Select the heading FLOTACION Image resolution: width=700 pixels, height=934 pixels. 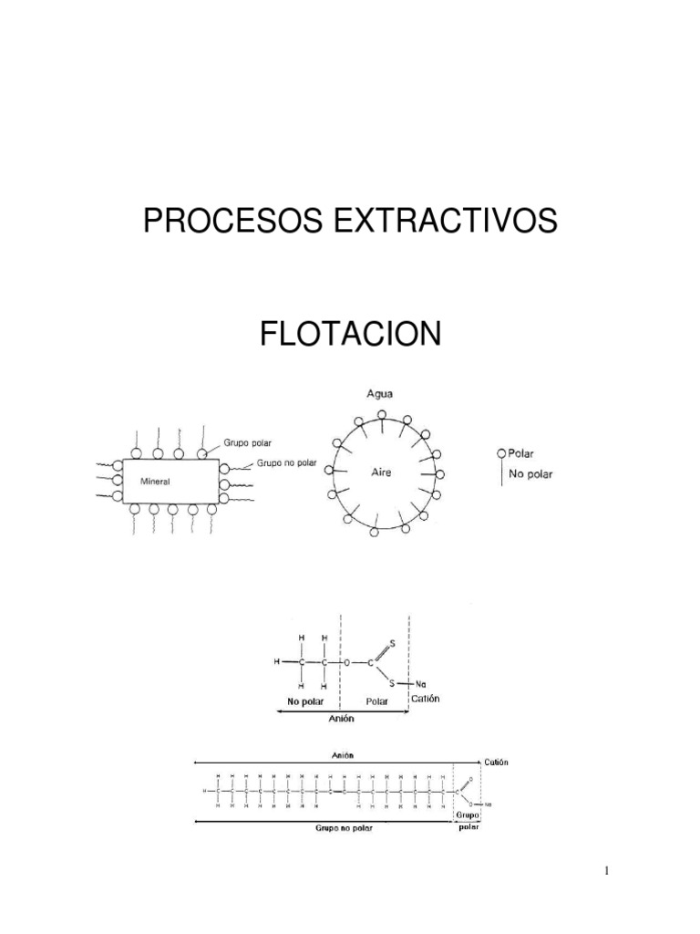coord(350,334)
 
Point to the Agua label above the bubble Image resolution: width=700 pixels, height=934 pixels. coord(379,395)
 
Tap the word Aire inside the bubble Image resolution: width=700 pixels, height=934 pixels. coord(381,472)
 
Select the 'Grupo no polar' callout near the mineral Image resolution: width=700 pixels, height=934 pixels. coord(286,462)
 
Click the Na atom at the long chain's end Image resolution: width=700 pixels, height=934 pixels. coord(489,804)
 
